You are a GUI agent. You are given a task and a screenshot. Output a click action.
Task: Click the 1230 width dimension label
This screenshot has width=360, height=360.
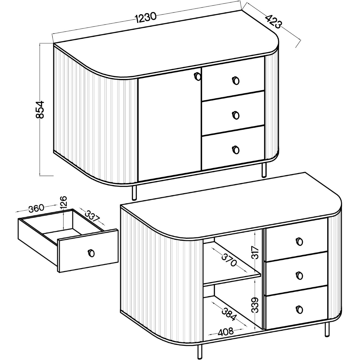[145, 18]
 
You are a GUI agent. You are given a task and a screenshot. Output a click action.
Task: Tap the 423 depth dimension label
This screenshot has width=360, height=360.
[273, 22]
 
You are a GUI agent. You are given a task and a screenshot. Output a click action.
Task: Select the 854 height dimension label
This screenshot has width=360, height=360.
[40, 110]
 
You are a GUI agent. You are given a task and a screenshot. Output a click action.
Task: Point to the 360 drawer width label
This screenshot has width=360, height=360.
[37, 208]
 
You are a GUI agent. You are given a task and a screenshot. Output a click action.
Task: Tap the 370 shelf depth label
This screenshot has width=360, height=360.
[229, 260]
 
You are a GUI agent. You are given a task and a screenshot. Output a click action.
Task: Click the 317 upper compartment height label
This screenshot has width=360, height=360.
[255, 252]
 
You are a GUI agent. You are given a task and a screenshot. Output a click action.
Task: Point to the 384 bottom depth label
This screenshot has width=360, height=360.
[229, 312]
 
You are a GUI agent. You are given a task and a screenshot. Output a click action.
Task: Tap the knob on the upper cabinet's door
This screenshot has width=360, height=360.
[198, 76]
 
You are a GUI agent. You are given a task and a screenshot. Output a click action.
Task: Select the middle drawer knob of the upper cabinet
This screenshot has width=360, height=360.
[236, 115]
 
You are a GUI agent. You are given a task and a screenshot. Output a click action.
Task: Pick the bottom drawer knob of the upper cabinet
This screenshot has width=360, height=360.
[236, 150]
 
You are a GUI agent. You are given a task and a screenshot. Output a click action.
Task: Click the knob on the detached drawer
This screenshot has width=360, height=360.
[91, 253]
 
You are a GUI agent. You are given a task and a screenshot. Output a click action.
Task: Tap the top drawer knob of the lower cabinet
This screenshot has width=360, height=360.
[299, 242]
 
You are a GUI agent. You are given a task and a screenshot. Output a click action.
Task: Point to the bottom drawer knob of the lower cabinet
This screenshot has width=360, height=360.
[299, 309]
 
